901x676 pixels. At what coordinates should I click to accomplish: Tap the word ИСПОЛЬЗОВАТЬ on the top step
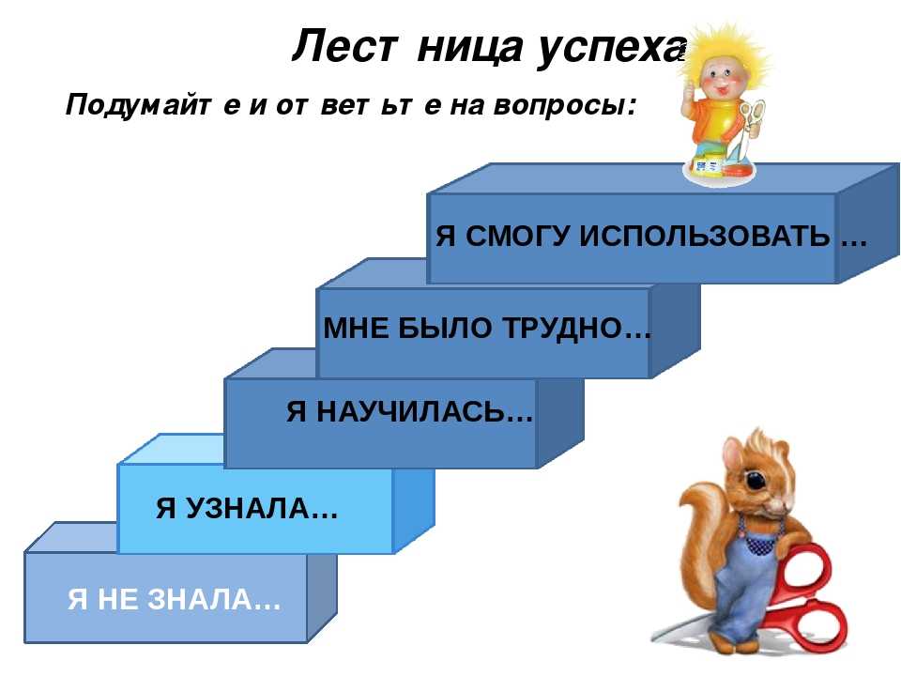[704, 236]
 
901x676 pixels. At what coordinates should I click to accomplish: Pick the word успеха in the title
[611, 47]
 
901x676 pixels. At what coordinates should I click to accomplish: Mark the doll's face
[721, 79]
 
